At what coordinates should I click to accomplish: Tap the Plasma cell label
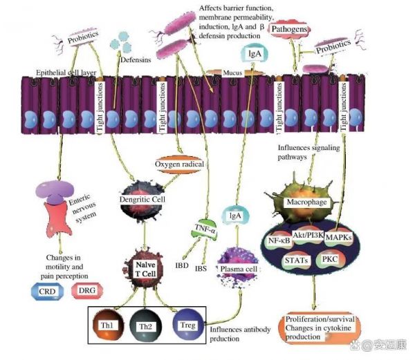point(238,267)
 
